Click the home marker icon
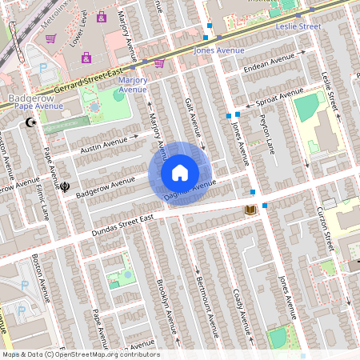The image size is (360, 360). click(180, 173)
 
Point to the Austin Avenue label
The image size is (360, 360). click(104, 146)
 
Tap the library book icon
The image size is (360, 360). click(250, 210)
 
